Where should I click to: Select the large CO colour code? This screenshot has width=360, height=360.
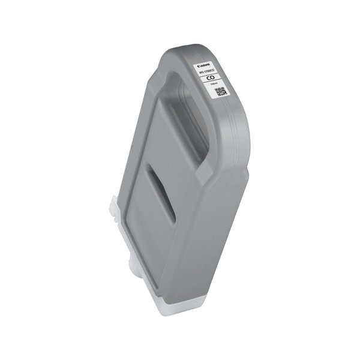point(211,79)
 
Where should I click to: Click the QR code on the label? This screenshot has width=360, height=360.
point(220,93)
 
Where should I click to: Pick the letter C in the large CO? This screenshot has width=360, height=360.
point(209,78)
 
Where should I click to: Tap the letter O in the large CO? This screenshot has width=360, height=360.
point(214,79)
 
